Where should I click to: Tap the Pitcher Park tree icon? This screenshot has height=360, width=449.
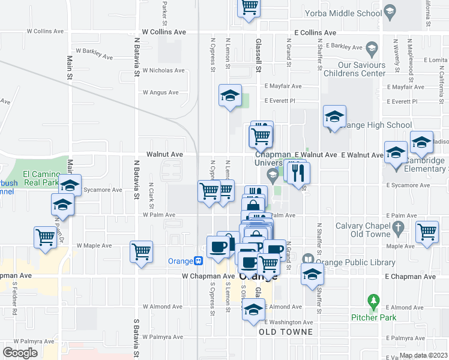coord(374,299)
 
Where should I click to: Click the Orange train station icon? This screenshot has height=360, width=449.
coord(197,260)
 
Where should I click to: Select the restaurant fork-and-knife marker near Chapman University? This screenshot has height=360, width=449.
coord(298,173)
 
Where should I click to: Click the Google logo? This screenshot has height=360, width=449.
coord(20,352)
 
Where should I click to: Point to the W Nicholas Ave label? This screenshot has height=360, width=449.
coord(163,71)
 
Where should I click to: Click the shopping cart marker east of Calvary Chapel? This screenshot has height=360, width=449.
coord(427,231)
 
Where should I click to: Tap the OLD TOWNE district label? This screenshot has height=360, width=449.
coord(286,332)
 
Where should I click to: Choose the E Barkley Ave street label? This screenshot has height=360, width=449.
coord(339,47)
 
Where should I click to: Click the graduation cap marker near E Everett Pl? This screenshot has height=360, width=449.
coord(229,96)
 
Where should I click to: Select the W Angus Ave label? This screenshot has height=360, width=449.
coord(160,92)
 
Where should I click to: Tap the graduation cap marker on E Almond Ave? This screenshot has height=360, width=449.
coord(253,310)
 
